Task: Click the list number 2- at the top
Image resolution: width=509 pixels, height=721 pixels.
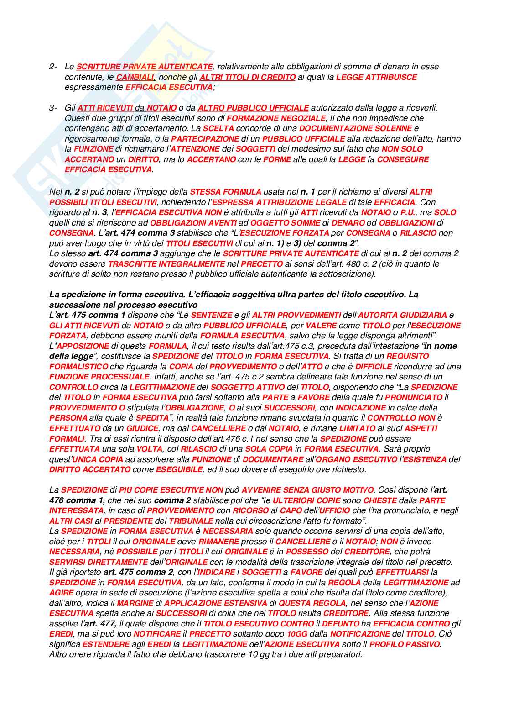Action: click(53, 67)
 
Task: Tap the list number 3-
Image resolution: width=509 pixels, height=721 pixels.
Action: click(53, 108)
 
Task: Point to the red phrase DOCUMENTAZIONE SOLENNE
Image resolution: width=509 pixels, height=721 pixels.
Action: click(355, 128)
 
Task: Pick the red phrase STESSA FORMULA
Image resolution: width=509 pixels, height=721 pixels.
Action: click(225, 192)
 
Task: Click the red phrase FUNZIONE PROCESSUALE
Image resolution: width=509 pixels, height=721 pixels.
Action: click(99, 377)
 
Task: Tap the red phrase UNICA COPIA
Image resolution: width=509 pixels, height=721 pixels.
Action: click(98, 459)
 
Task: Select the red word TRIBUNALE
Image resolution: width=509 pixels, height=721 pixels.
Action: click(191, 521)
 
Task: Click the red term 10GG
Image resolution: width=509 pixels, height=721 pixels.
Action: click(298, 634)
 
